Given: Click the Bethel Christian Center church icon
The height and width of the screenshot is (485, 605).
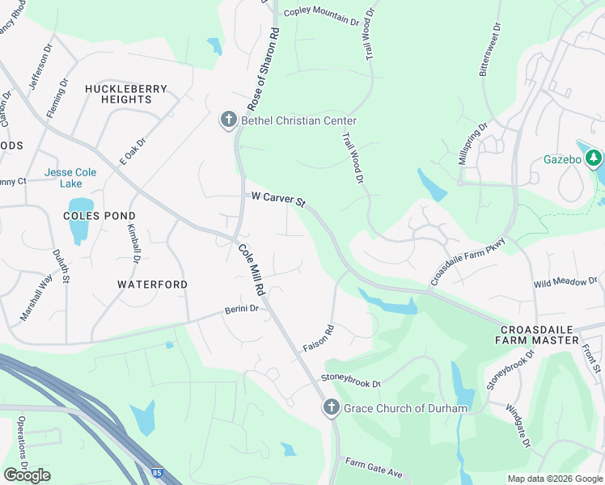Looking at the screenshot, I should click(228, 120).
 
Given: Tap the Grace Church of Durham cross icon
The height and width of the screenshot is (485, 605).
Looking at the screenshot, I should click(331, 408).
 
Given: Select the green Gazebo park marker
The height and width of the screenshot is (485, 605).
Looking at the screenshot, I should click(594, 158).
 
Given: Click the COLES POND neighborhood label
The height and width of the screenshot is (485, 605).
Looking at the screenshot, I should click(99, 216).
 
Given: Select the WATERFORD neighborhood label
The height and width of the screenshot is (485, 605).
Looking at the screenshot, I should click(152, 285).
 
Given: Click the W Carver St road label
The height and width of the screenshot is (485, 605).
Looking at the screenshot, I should click(279, 197).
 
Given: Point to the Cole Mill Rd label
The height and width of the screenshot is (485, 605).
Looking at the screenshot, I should click(252, 270).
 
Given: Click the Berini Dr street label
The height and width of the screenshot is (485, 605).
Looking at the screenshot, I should click(242, 309).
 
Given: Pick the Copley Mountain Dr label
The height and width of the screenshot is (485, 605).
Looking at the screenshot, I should click(321, 16).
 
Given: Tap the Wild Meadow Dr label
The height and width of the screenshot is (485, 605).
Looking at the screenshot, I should click(565, 283).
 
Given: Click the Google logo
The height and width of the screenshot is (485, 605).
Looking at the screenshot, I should click(27, 474).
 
